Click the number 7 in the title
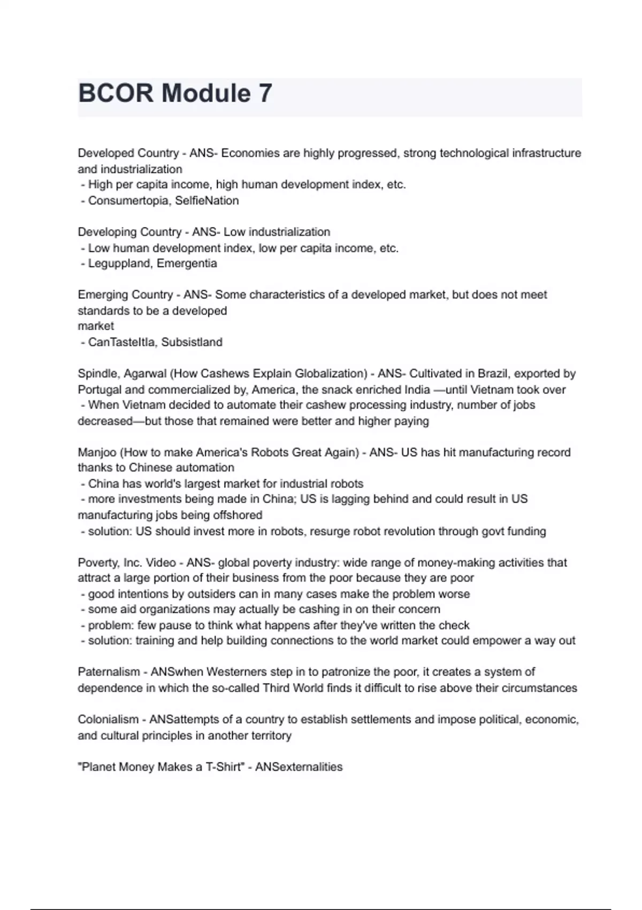265,94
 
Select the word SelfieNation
207,201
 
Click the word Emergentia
187,263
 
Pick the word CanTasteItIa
121,342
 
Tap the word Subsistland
192,342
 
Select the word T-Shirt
223,767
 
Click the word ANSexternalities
299,767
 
